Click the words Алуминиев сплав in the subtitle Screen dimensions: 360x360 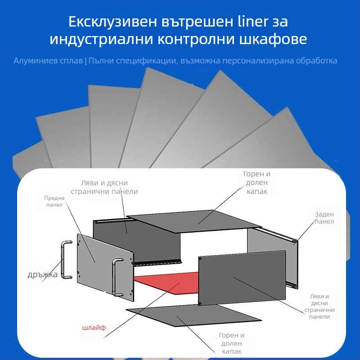[x=48, y=60]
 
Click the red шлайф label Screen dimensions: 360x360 [x=94, y=328]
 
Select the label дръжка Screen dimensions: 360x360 [x=42, y=274]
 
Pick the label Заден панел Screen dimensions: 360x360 [x=324, y=218]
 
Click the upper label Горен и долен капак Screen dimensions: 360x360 [x=257, y=182]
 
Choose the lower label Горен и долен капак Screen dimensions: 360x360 [x=231, y=343]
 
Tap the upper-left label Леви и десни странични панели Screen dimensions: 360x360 [x=104, y=187]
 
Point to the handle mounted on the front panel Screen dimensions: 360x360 [x=117, y=276]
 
